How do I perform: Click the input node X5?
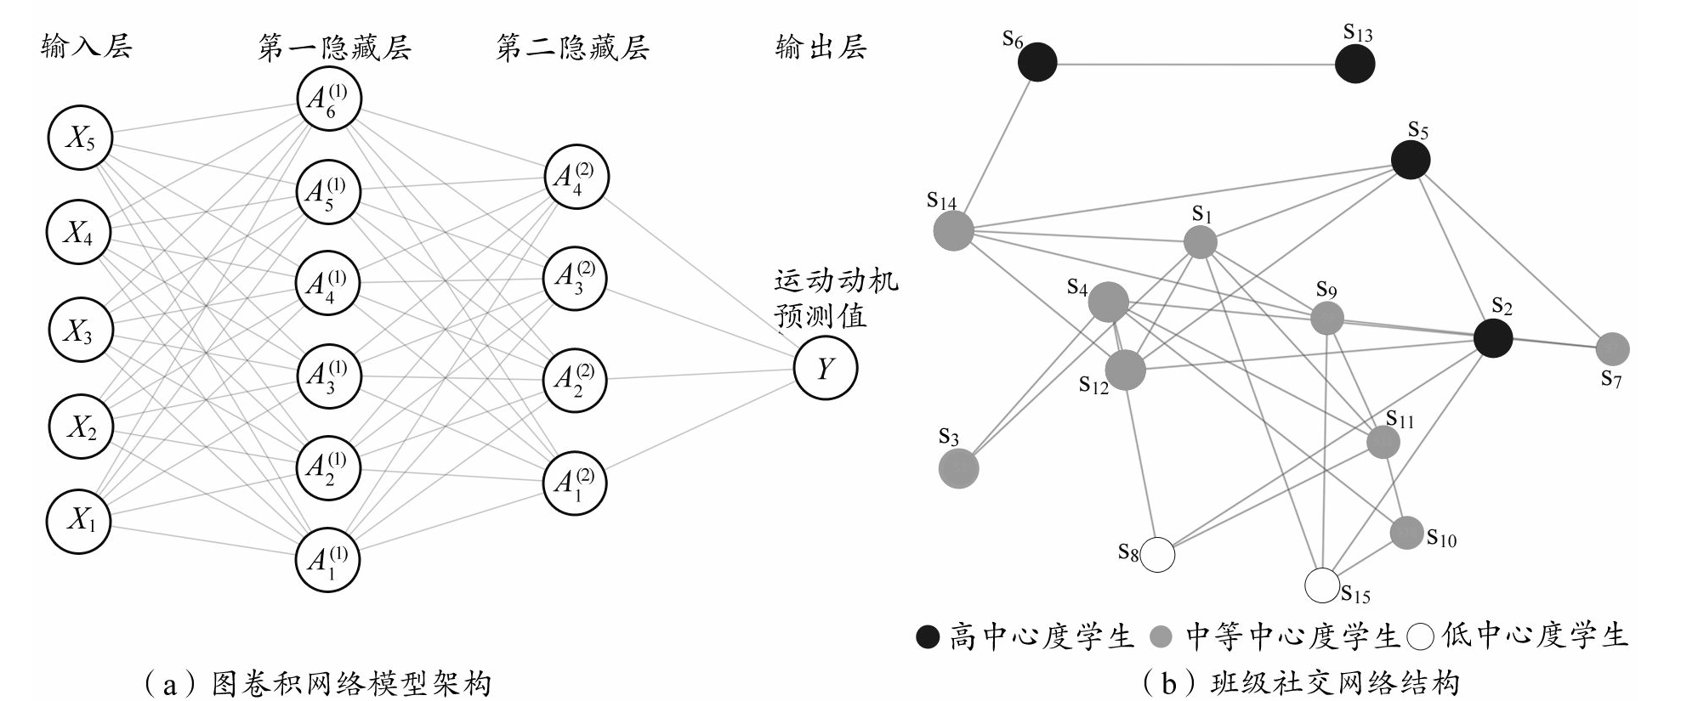pos(79,138)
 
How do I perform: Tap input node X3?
pos(79,331)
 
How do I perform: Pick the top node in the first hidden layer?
pos(328,99)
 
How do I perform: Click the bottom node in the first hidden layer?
pos(327,559)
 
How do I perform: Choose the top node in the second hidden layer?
pos(576,177)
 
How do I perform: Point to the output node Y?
pos(825,369)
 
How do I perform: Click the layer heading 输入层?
pos(87,46)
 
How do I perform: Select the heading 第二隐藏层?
pos(572,48)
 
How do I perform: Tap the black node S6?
pos(1036,62)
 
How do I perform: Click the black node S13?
pos(1354,64)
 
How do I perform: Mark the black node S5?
pos(1411,160)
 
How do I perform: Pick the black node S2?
pos(1493,337)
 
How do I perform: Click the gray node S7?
pos(1612,348)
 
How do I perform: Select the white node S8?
pos(1157,556)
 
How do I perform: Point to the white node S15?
pos(1322,585)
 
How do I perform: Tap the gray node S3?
pos(958,468)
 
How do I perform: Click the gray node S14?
pos(953,230)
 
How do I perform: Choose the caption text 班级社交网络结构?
pos(1334,683)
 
